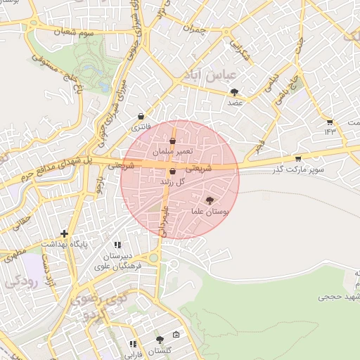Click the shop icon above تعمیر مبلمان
(172, 142)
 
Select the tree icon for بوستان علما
(209, 200)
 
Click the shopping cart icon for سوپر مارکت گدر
(298, 158)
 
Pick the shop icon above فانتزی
(141, 117)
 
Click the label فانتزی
(141, 127)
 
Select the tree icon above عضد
(234, 91)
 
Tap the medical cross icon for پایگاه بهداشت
(65, 233)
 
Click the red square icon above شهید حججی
(356, 271)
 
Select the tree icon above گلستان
(160, 339)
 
